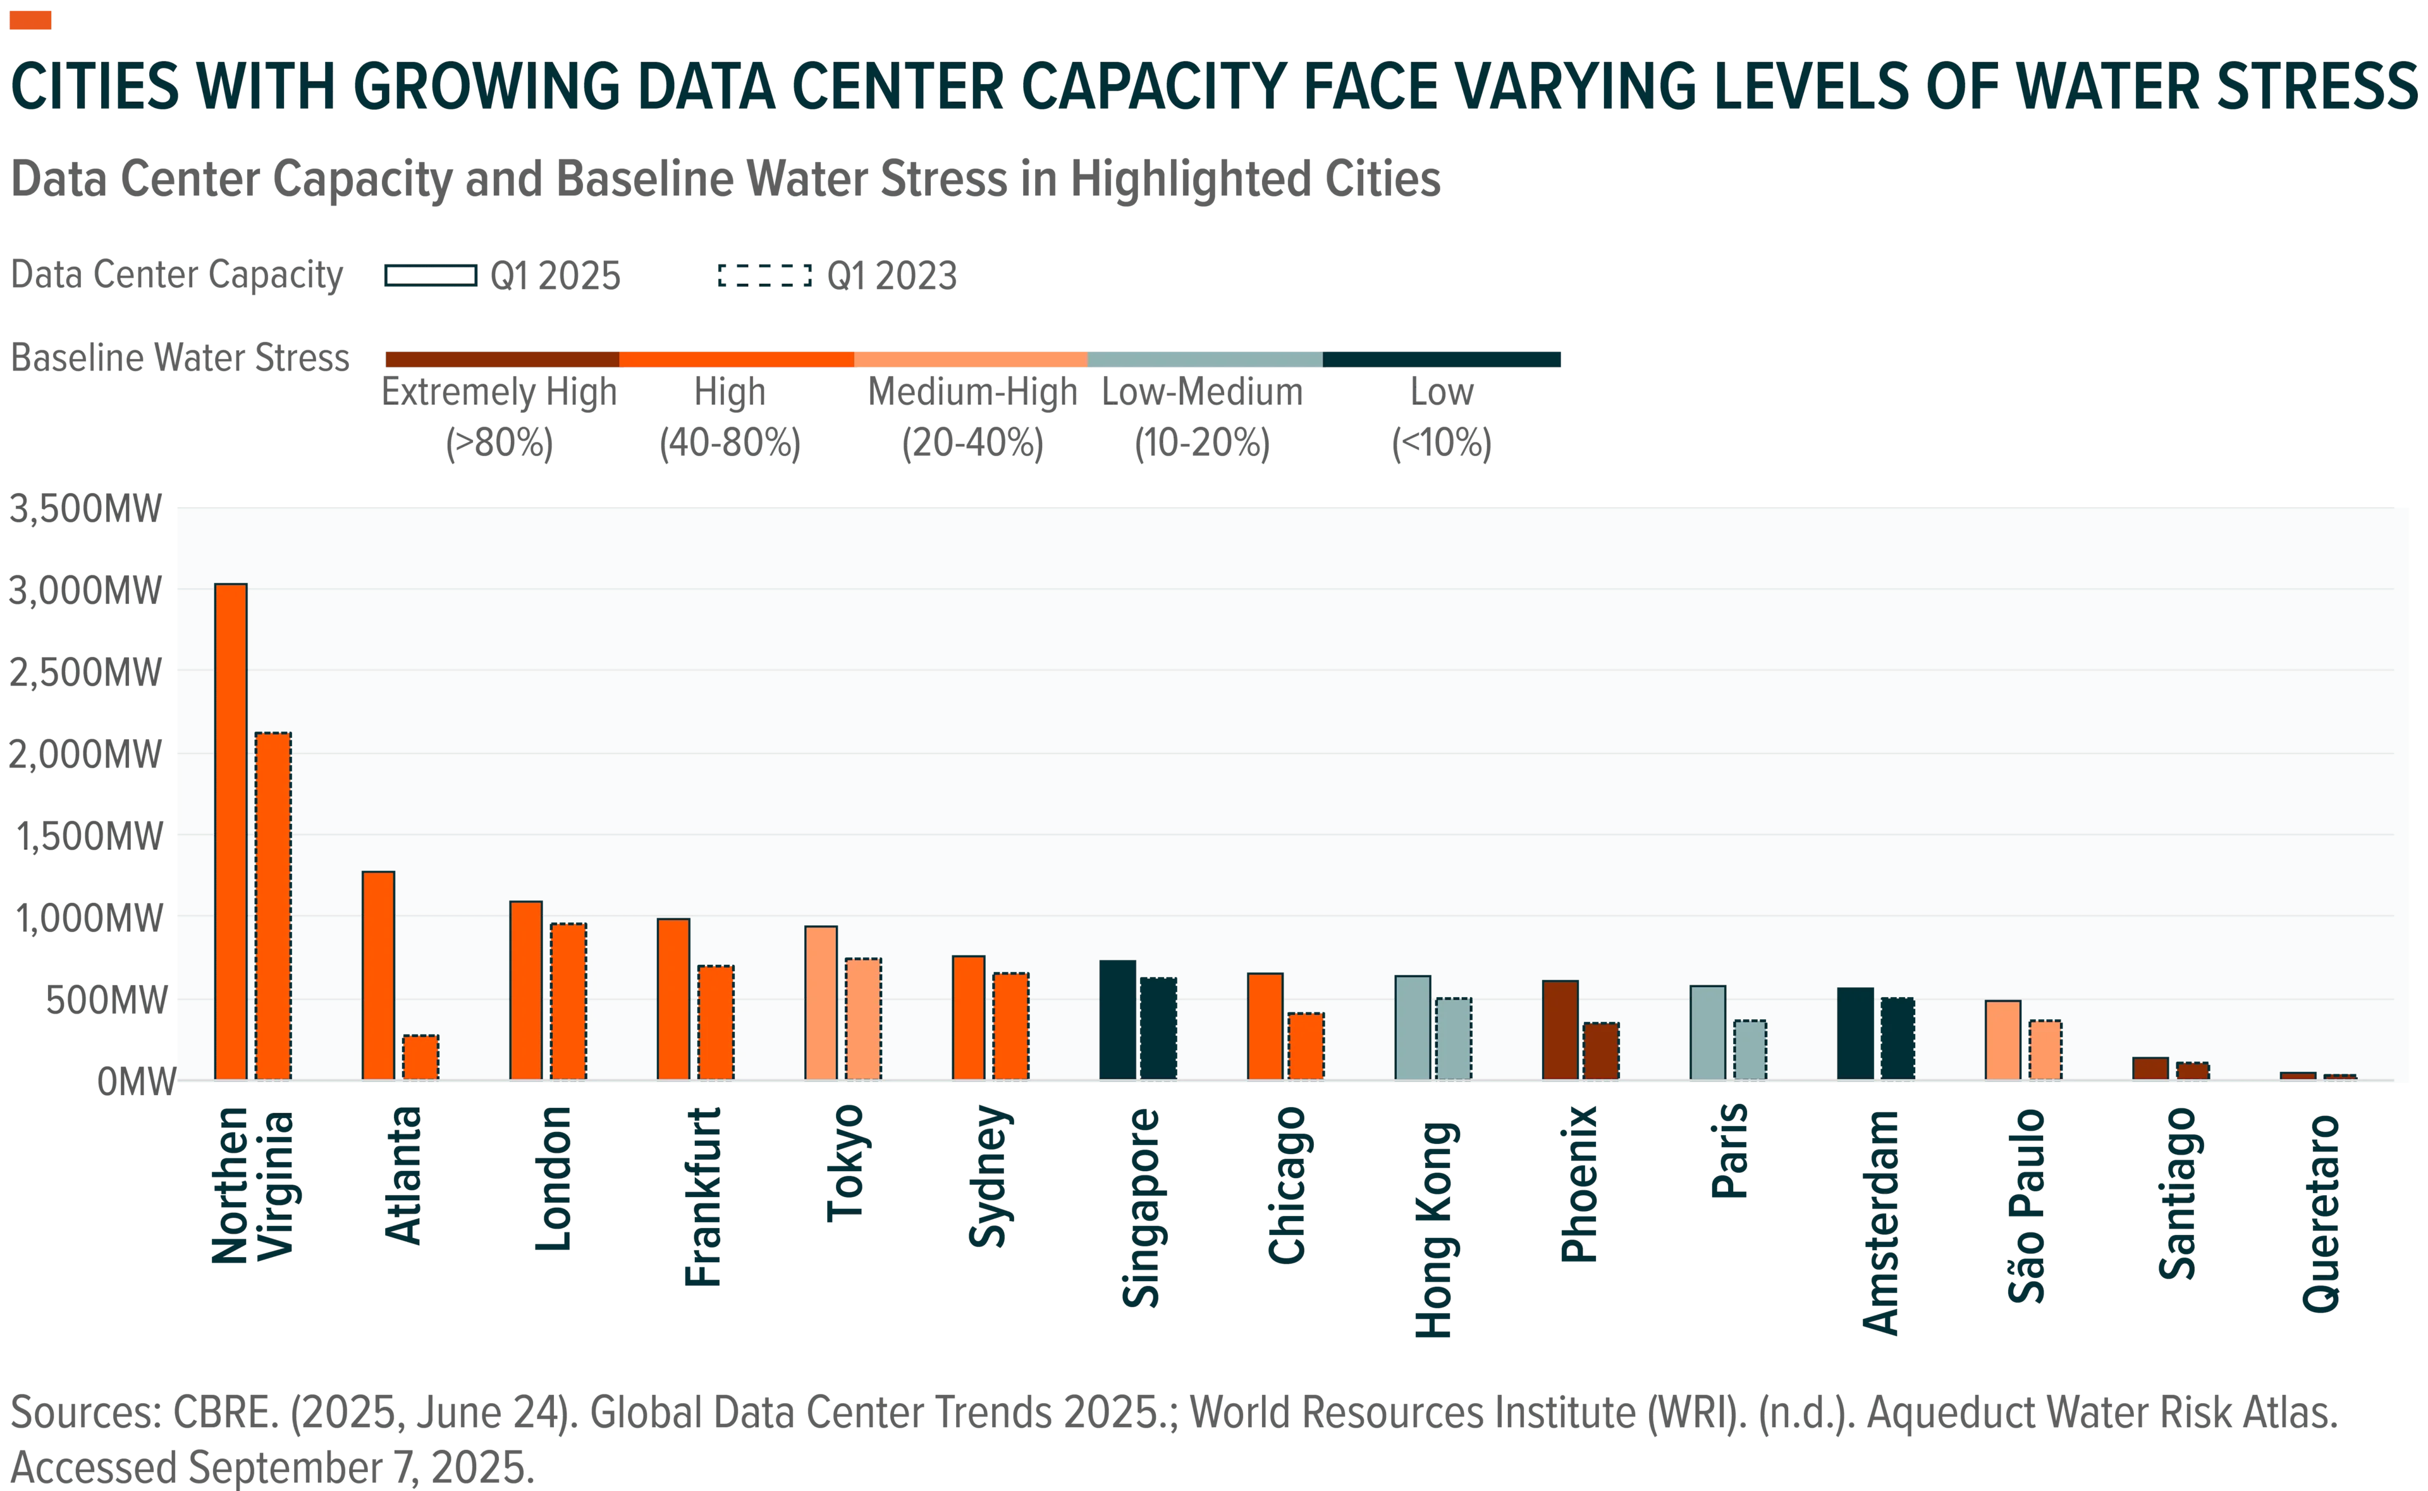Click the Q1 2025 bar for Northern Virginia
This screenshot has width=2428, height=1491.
point(231,831)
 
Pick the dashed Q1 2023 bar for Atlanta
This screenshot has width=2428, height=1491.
point(421,1057)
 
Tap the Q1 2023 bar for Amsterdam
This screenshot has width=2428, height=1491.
point(1898,1040)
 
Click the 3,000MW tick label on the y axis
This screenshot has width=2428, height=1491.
point(85,591)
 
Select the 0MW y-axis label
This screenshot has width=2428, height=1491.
point(136,1082)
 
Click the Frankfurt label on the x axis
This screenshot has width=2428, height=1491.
point(703,1196)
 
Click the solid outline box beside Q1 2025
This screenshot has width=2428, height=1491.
point(431,275)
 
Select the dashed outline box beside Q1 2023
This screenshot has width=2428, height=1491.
point(765,275)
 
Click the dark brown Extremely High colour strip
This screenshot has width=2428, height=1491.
point(503,359)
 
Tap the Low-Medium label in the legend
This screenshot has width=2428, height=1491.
point(1203,393)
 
